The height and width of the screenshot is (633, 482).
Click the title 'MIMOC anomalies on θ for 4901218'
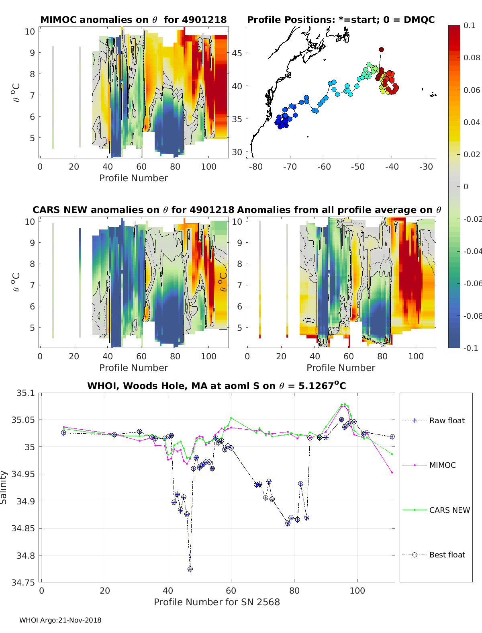click(x=133, y=20)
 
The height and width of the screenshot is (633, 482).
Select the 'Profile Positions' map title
click(x=341, y=20)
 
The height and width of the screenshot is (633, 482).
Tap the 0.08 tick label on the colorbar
click(x=472, y=57)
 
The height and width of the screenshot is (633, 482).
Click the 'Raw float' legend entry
click(x=447, y=420)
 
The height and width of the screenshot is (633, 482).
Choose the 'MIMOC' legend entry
click(x=442, y=465)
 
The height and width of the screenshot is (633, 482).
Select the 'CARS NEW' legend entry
click(x=449, y=510)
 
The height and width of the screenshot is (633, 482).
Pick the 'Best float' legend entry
click(x=447, y=555)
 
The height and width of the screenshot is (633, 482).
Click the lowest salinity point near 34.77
click(x=190, y=569)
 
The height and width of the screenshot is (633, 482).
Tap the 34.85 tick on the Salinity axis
click(x=25, y=529)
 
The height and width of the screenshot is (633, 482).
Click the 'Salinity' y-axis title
click(x=4, y=487)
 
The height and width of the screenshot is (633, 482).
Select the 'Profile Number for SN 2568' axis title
click(x=217, y=602)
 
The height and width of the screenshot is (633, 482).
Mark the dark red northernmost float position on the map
click(x=381, y=50)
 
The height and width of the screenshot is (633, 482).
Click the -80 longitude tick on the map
click(x=256, y=167)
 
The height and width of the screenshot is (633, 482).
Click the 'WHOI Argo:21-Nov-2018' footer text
click(x=60, y=620)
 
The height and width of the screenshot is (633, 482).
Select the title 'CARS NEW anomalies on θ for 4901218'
click(x=133, y=210)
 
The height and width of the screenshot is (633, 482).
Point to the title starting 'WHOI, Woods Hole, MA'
click(x=216, y=386)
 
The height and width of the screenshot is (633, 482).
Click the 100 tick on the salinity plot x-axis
click(x=357, y=591)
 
